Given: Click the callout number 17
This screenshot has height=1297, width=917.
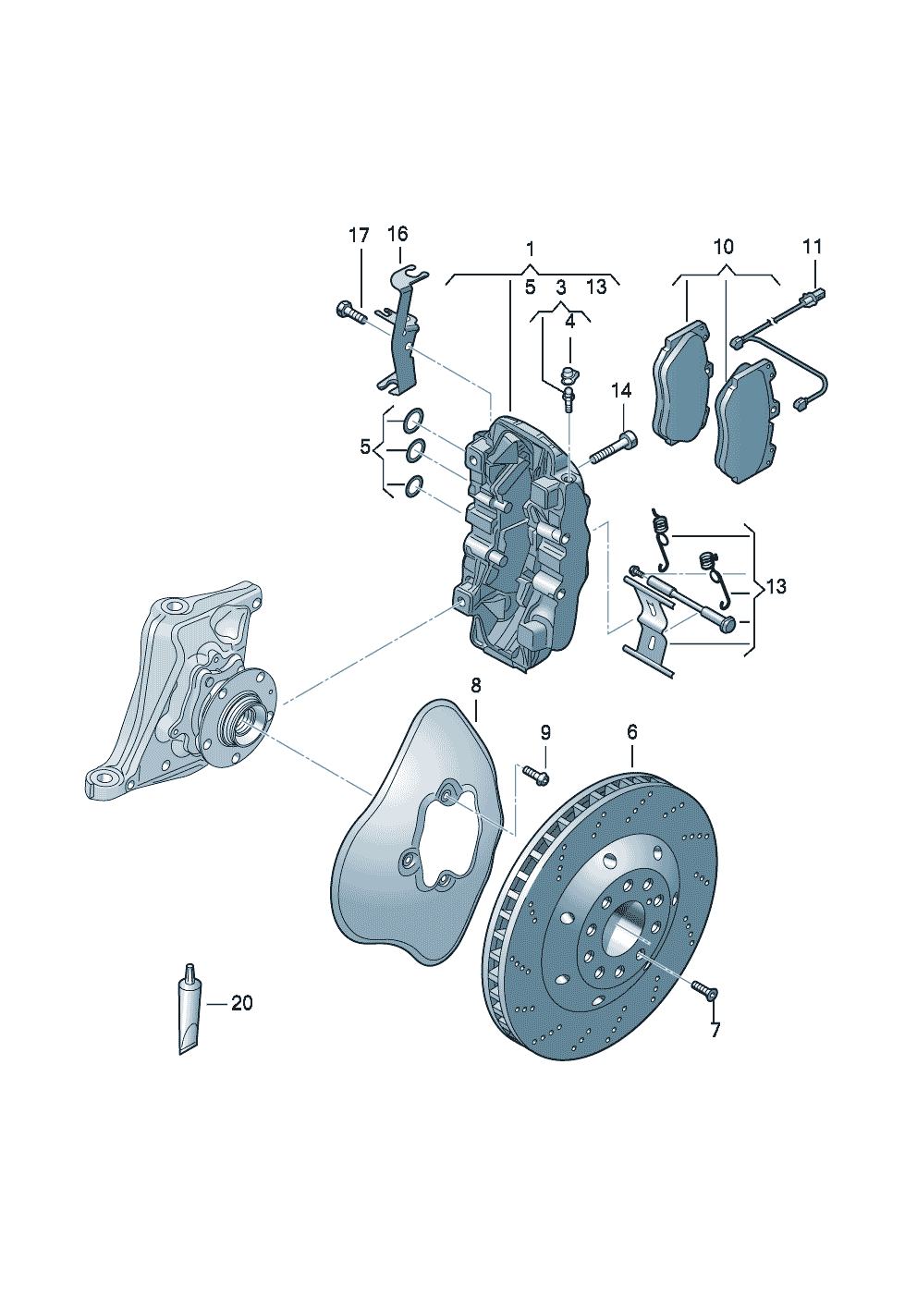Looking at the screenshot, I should click(x=359, y=236).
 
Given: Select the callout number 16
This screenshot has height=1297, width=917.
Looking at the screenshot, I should click(x=397, y=234).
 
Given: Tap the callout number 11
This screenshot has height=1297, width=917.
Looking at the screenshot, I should click(x=812, y=247).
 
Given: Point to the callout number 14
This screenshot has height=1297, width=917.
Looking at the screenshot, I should click(x=621, y=391).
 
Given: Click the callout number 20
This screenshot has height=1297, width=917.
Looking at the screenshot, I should click(x=241, y=1003).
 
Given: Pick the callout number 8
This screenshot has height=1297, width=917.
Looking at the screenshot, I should click(x=475, y=685).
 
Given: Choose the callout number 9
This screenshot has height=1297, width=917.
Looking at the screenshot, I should click(x=545, y=732).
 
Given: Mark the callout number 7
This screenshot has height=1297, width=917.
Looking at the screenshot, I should click(x=715, y=1030).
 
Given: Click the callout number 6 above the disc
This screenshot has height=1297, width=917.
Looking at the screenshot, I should click(x=632, y=731).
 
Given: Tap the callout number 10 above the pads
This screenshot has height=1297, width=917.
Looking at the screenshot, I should click(x=723, y=247).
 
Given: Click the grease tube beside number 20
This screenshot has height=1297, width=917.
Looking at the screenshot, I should click(x=189, y=1012).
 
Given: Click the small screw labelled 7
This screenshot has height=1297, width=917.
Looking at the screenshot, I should click(x=705, y=991).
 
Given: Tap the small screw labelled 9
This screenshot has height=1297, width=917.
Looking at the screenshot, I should click(x=535, y=774).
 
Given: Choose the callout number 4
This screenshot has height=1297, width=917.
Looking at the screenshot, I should click(x=569, y=321).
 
